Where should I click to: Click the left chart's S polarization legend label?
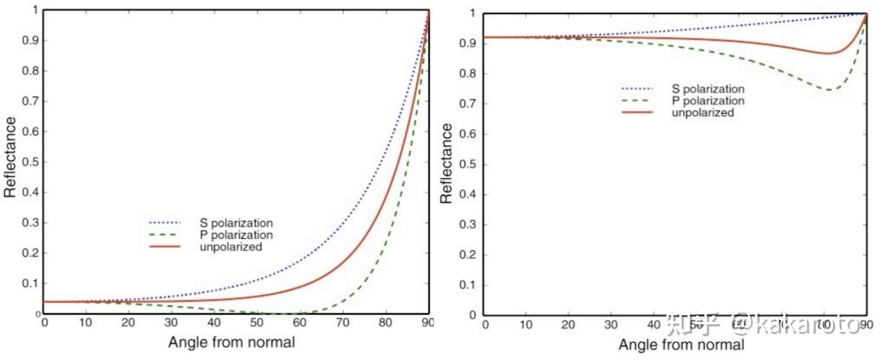coord(236,223)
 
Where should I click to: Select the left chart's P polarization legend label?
coord(236,235)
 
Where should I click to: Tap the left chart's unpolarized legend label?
coord(231,247)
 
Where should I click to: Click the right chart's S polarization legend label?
coord(708,89)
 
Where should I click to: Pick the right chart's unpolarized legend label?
coord(703,113)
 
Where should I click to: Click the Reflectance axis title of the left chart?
coord(10,157)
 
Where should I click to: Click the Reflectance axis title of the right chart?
coord(446,163)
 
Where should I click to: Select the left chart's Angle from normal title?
coord(231,342)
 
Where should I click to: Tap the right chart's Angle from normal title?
coord(681,345)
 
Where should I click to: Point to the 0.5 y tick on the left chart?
coord(30,162)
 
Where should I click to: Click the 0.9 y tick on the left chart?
coord(30,41)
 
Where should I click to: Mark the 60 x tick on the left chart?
coord(300,323)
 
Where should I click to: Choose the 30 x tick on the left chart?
coord(171,323)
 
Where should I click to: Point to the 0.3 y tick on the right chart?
coord(467,225)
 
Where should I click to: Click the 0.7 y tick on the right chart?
coord(467,104)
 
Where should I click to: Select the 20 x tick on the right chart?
coord(568,325)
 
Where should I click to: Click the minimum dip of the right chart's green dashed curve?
coord(829,89)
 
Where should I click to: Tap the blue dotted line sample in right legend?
coord(637,89)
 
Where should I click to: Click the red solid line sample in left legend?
coord(164,246)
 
